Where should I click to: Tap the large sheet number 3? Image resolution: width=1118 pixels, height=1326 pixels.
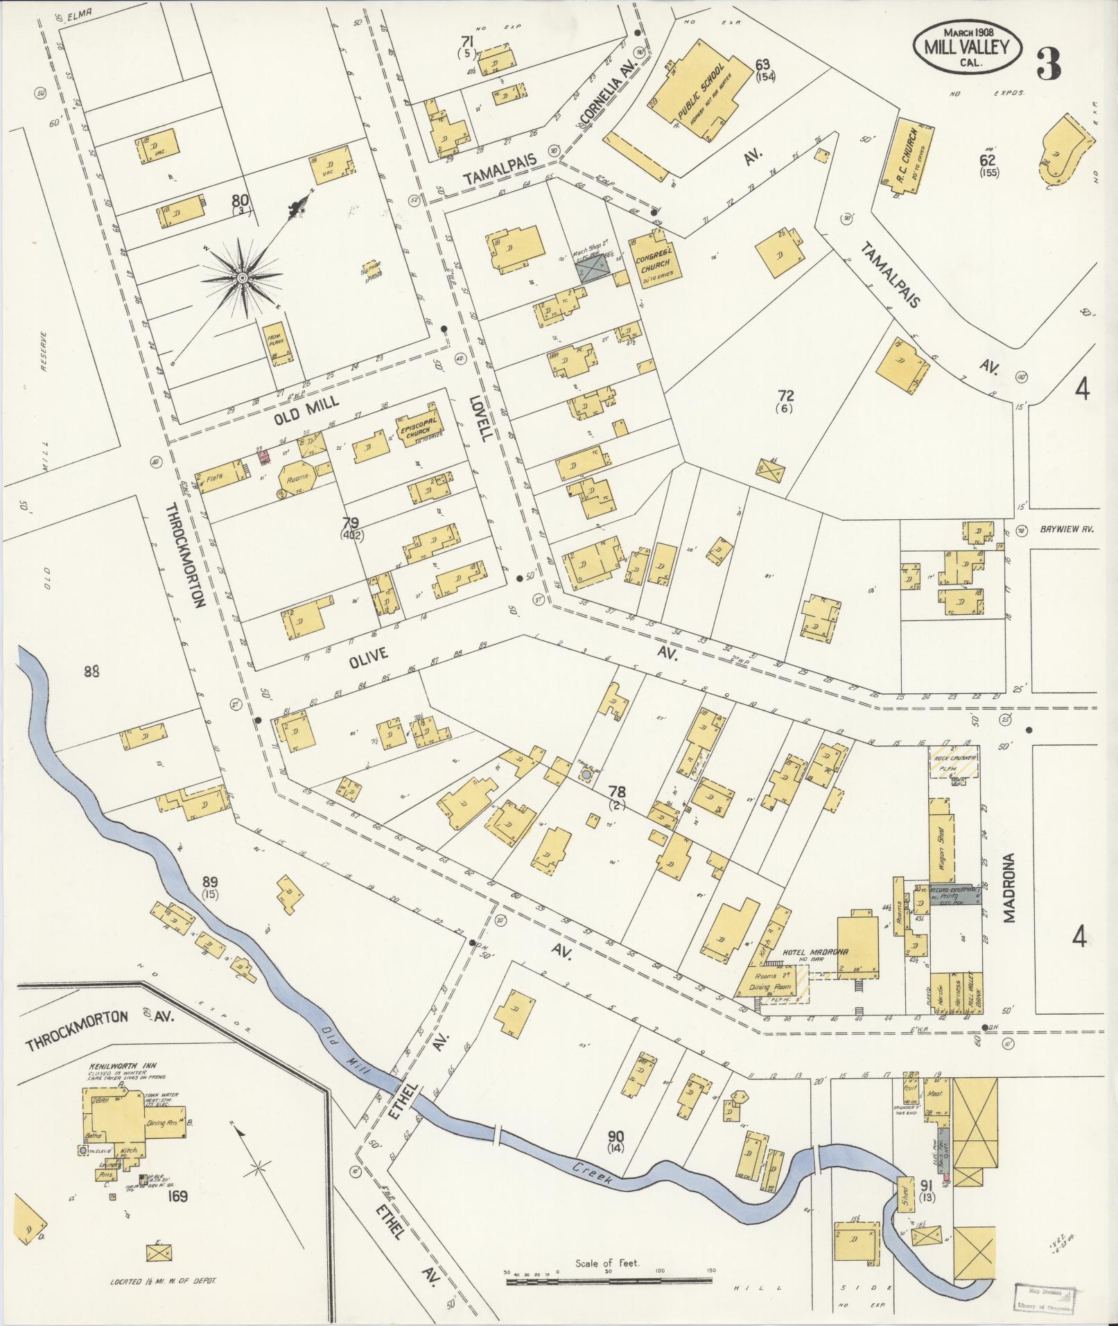pos(1048,64)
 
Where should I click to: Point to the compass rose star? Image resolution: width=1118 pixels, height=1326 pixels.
pos(242,278)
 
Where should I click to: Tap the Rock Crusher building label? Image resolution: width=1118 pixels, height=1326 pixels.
pos(954,758)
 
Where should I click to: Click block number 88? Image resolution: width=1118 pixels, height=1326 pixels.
pos(91,671)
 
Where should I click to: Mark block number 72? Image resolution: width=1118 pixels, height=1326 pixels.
pos(785,396)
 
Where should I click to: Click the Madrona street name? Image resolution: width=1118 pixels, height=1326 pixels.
pos(1009,887)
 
